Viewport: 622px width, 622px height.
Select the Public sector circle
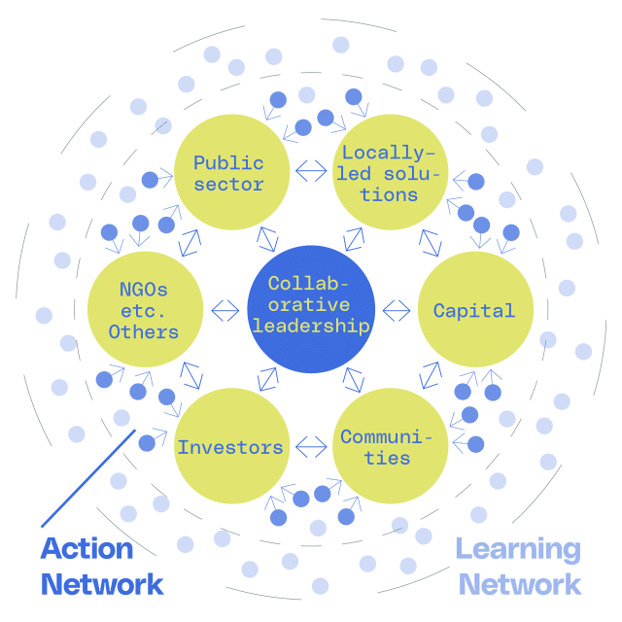[229, 174]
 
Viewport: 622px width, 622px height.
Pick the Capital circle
[474, 310]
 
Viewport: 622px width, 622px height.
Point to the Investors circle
[230, 447]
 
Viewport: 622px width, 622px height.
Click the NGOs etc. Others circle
[145, 310]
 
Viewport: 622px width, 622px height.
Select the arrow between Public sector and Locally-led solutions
[311, 171]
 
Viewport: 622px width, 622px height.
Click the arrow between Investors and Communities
[311, 447]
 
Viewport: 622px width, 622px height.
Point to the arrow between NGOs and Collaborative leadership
[225, 311]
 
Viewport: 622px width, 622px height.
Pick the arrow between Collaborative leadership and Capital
[396, 311]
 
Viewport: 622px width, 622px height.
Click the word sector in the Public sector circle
[228, 185]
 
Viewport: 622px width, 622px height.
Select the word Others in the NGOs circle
[144, 332]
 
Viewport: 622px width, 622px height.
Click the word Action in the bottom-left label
[86, 549]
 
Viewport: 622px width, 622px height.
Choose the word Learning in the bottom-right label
[518, 549]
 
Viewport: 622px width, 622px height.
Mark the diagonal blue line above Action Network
[86, 477]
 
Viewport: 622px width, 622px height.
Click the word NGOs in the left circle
[143, 289]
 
